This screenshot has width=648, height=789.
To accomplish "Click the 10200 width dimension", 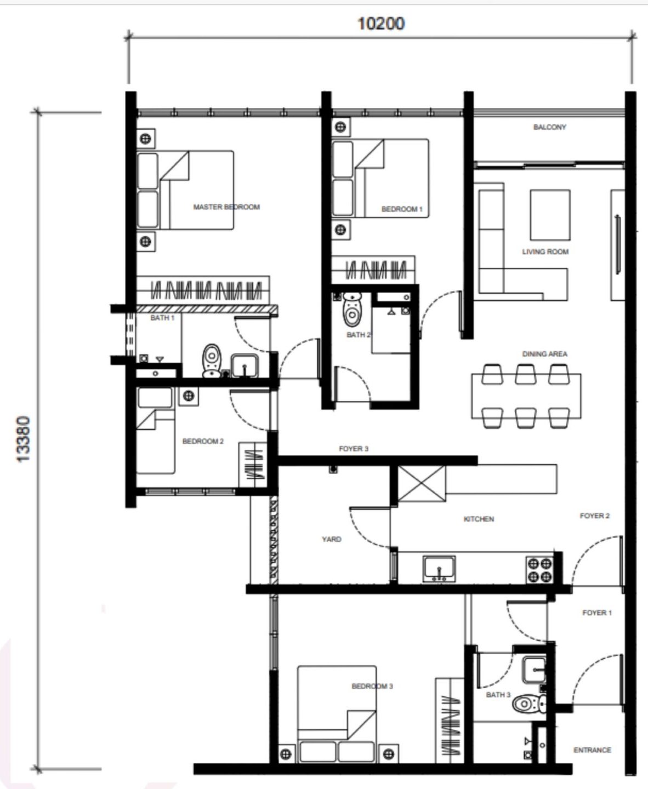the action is pos(381,24).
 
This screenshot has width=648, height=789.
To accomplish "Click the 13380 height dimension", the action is pos(24,439).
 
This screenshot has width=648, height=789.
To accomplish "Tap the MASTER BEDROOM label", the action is pos(226,207).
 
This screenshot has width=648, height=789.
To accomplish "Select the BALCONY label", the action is pos(549,127).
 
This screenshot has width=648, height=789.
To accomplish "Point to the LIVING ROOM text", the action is pos(545,252).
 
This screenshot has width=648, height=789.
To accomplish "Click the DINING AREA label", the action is pos(545,354).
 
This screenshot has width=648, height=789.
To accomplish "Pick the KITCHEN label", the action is pos(479,519).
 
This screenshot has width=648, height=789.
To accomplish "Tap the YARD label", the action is pos(332,539).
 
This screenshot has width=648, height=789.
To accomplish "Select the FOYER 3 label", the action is pos(354,449).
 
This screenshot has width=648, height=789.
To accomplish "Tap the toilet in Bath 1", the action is pos(212,361).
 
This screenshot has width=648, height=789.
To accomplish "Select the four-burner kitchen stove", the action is pos(539,570).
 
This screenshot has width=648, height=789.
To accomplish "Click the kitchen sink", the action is pos(439,569).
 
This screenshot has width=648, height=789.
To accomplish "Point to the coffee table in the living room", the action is pos(550,215).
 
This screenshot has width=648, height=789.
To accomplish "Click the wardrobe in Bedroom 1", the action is pos(373,270).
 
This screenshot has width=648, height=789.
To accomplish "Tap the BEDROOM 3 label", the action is pos(372,686).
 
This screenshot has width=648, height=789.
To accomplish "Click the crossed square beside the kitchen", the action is pos(422,483).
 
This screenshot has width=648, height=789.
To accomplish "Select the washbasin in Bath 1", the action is pos(245,365).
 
